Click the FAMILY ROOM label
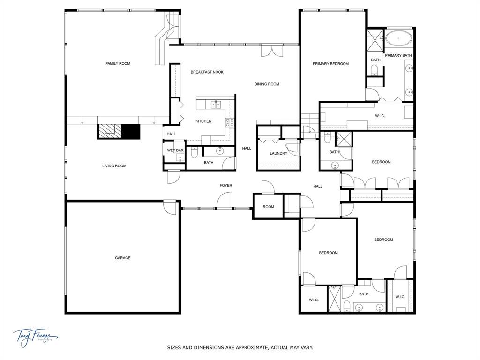(x=118, y=63)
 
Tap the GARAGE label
(x=123, y=258)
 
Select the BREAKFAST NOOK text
(x=207, y=72)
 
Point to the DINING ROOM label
(x=267, y=84)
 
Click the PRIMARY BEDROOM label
(x=331, y=64)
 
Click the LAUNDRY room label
(x=278, y=153)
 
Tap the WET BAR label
(x=175, y=150)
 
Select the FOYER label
(x=226, y=186)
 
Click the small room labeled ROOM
(x=268, y=207)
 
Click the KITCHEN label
(x=203, y=121)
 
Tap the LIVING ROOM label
(x=114, y=166)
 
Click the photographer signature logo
(x=35, y=336)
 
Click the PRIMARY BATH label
(x=398, y=56)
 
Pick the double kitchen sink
(x=216, y=104)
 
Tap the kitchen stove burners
(x=230, y=122)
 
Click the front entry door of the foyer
(x=225, y=203)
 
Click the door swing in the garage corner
(x=170, y=206)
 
